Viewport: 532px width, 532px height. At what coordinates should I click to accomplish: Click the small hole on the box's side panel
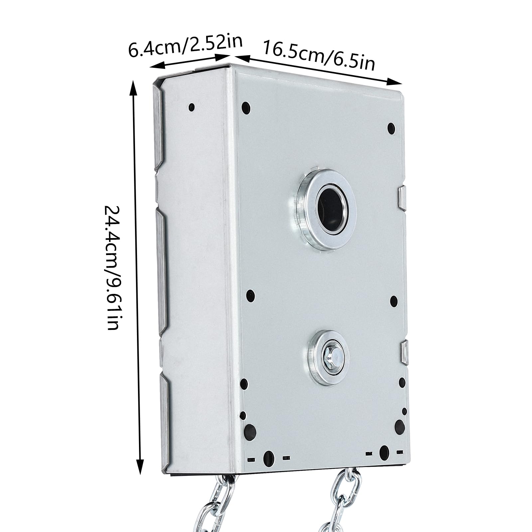point(192,107)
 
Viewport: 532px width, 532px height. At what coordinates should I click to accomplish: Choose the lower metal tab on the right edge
point(405,352)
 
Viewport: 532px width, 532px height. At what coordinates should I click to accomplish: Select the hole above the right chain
point(384,452)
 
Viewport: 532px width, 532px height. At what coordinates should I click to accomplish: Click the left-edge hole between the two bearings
point(250,295)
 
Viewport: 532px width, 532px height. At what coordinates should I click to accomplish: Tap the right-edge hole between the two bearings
point(394,301)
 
